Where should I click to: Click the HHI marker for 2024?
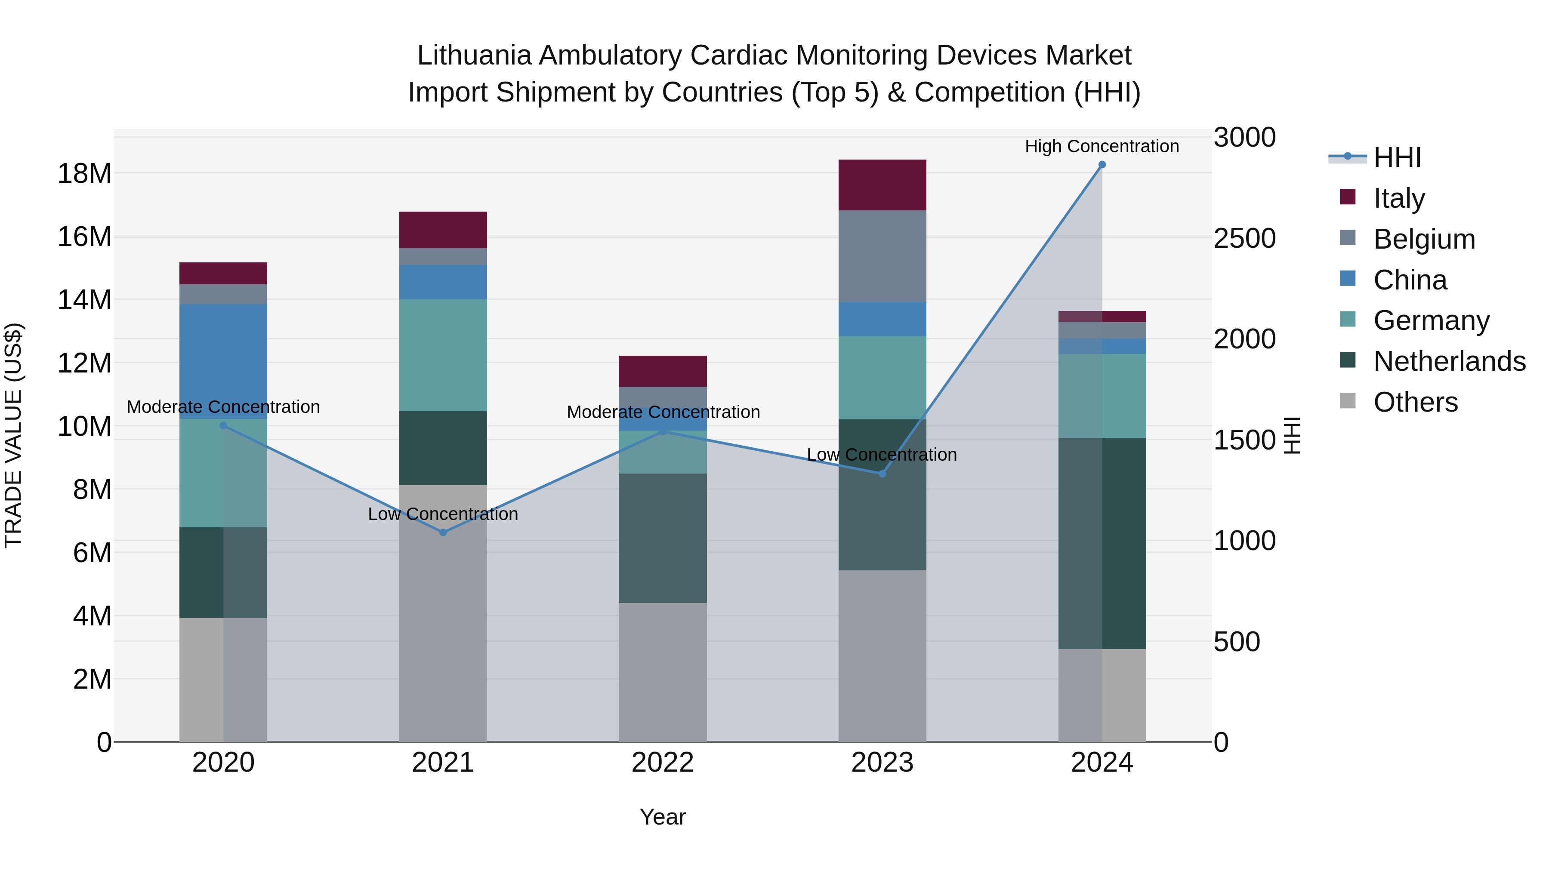(1102, 165)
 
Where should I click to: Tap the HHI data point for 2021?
(443, 532)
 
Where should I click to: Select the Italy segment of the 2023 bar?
(882, 185)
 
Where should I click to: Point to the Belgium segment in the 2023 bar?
(882, 256)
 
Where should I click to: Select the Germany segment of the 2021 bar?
(443, 355)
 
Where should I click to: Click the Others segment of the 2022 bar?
(663, 672)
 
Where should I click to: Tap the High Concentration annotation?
(1102, 146)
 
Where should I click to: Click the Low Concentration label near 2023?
(882, 455)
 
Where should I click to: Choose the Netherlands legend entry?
(1449, 361)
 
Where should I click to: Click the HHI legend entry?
(1397, 157)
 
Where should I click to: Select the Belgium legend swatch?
(1348, 238)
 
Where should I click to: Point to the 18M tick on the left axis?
(84, 173)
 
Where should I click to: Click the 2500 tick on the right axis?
(1244, 239)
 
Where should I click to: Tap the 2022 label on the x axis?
(663, 763)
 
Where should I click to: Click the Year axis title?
(663, 817)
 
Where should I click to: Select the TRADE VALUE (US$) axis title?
(13, 435)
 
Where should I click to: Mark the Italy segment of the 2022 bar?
(663, 371)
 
